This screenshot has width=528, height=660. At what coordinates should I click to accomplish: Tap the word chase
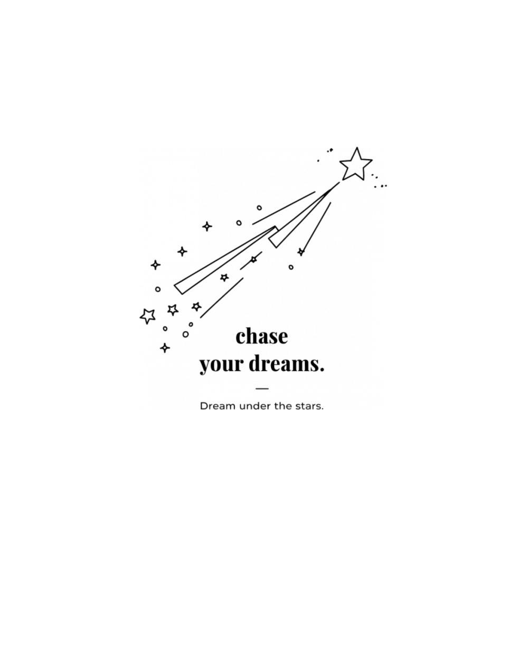(x=262, y=336)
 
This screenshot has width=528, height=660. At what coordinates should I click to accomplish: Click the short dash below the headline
(x=262, y=389)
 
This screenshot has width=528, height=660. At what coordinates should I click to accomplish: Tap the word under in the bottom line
(x=257, y=406)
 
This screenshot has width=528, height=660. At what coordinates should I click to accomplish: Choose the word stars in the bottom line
(x=308, y=406)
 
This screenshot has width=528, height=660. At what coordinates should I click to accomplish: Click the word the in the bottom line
(x=284, y=406)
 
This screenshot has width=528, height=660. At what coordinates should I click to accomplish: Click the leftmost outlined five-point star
(x=148, y=316)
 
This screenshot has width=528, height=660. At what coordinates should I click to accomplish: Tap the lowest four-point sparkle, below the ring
(x=165, y=348)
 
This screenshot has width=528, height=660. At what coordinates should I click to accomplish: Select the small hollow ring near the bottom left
(x=185, y=334)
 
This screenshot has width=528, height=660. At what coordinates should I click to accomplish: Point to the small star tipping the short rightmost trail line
(x=301, y=252)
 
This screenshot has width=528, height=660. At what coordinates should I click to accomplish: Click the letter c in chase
(x=241, y=337)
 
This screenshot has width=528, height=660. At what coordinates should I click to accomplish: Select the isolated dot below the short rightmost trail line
(x=291, y=268)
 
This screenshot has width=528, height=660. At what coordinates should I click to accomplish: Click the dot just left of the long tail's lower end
(x=157, y=289)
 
